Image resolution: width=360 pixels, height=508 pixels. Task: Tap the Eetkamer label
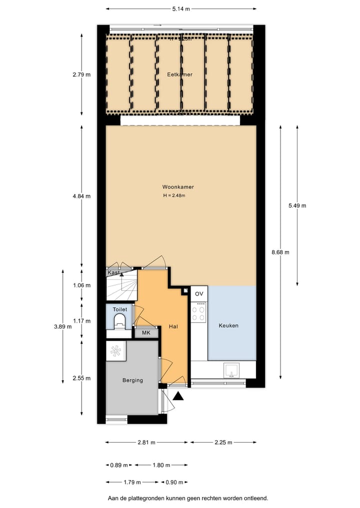click(179, 74)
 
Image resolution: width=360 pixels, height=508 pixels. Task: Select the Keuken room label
click(228, 326)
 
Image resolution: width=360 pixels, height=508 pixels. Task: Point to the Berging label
click(132, 380)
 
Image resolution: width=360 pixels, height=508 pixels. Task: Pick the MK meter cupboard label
click(146, 333)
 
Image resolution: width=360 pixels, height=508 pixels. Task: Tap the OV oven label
click(199, 293)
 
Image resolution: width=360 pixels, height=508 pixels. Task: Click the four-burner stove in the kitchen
click(199, 313)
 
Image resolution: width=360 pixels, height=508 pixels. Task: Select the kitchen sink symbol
click(231, 370)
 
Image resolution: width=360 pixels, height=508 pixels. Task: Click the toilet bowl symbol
click(120, 325)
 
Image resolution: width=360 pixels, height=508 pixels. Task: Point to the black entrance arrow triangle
click(178, 396)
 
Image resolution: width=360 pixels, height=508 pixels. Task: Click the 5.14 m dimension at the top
click(180, 9)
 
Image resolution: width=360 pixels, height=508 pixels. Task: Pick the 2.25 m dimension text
click(223, 443)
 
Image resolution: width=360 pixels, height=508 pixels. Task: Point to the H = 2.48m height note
click(174, 195)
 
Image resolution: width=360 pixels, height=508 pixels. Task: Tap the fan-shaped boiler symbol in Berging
click(115, 351)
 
